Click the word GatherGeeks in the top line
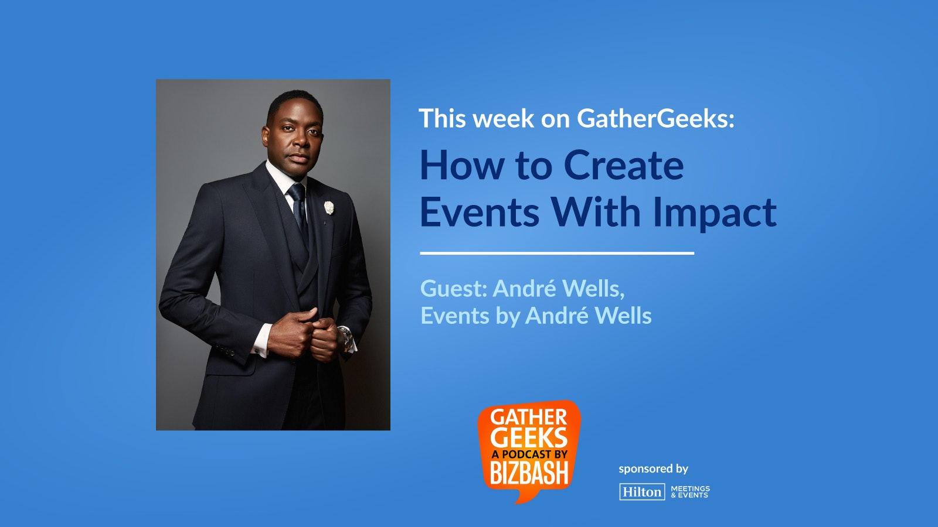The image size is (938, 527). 656,118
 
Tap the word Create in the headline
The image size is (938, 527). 624,165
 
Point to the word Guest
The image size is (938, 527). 454,288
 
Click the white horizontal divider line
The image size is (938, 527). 557,253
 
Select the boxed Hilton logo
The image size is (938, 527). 642,491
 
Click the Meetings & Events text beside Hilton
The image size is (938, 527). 691,491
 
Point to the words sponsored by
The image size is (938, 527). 653,469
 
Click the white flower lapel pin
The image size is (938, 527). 329,207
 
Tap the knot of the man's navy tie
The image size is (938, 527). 297,192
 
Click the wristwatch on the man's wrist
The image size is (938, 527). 346,339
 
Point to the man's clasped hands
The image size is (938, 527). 303,334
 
